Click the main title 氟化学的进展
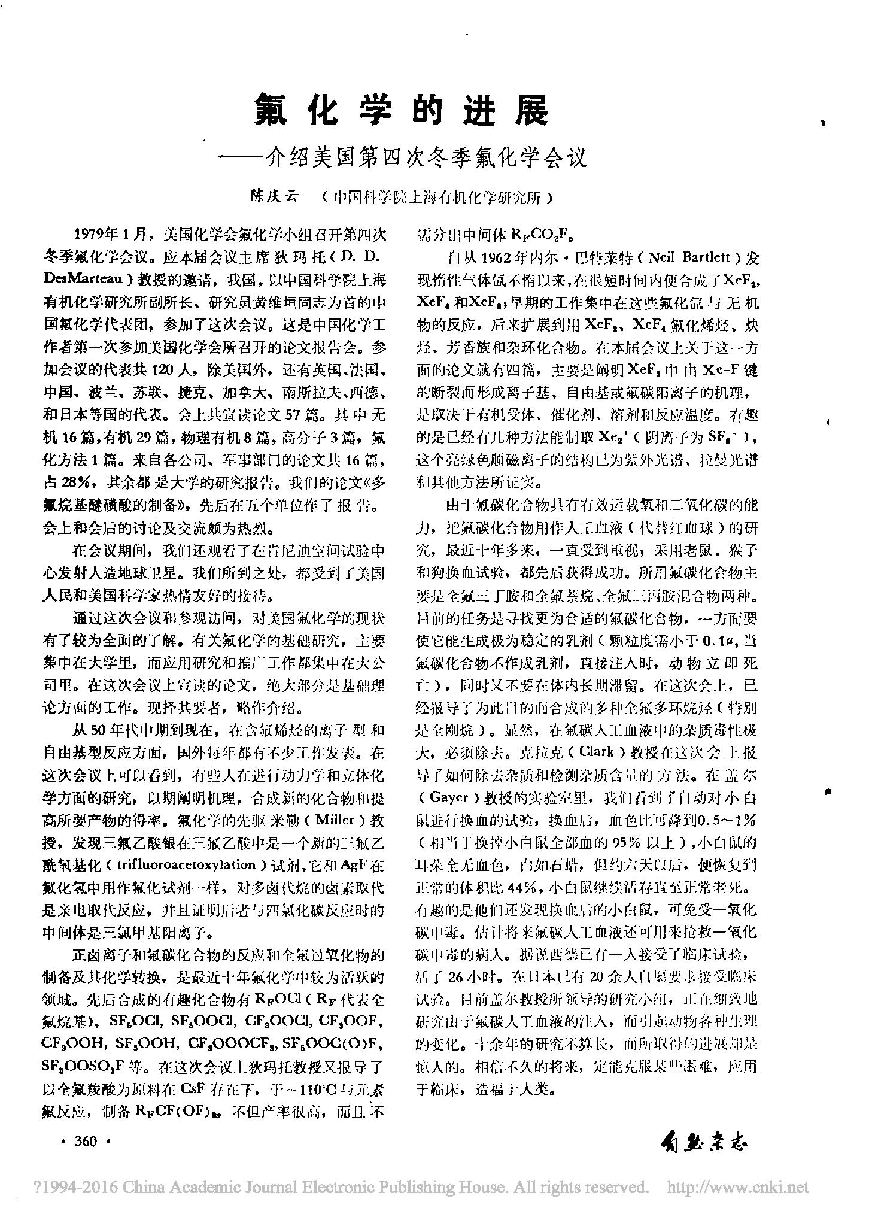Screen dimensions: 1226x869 click(400, 110)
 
